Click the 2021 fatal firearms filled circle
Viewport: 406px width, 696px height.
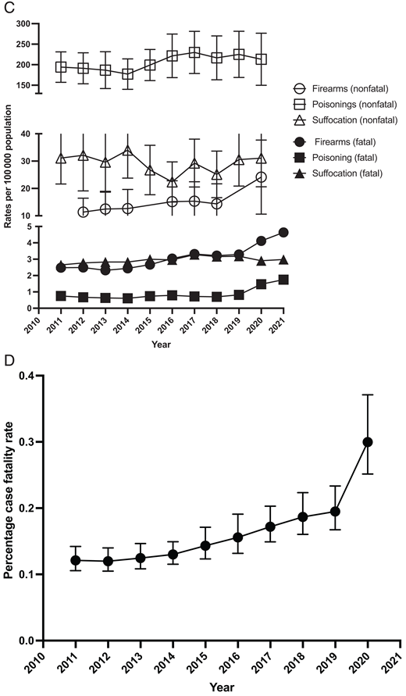pos(283,232)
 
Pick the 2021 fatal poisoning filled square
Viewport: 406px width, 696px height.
pos(283,280)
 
